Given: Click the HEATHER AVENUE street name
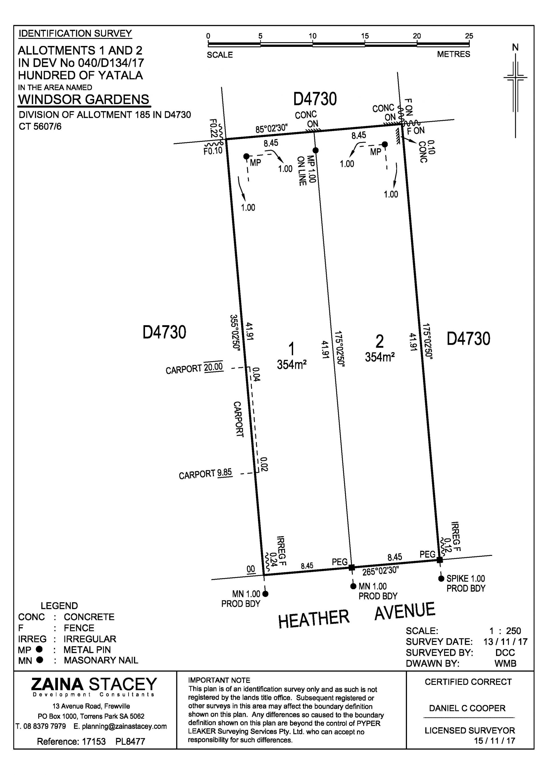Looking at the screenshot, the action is tap(356, 616).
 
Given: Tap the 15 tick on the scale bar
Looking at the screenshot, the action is tap(365, 44).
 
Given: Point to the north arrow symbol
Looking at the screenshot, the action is tap(515, 91).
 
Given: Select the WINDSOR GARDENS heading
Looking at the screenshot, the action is tap(83, 100).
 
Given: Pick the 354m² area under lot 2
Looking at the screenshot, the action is tap(380, 357).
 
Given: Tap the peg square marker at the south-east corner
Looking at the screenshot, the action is tap(439, 560).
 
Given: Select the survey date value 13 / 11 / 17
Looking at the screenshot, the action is tap(505, 642).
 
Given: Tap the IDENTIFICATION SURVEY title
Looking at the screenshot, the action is tap(75, 33).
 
